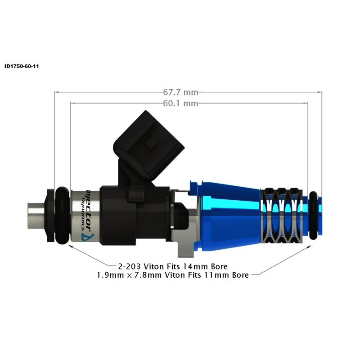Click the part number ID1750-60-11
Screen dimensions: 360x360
click(x=22, y=66)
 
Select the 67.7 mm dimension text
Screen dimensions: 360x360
click(x=180, y=92)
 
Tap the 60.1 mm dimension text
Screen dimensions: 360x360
click(x=180, y=103)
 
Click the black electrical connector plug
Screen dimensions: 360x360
click(x=149, y=144)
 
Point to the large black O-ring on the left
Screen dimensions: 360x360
click(x=62, y=216)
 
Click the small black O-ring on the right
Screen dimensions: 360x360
click(x=313, y=215)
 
